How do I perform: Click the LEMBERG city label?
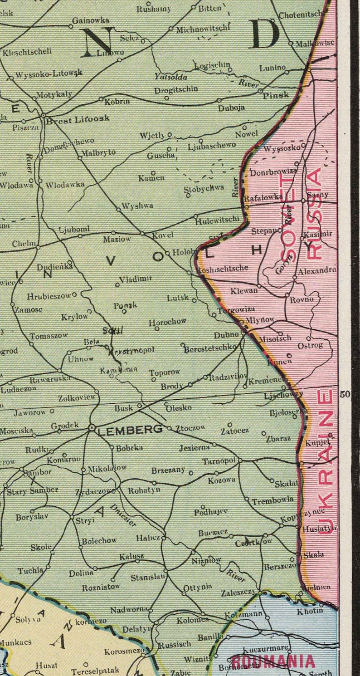click(130, 429)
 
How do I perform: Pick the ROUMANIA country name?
click(273, 661)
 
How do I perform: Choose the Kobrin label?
click(117, 102)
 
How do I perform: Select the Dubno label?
click(226, 334)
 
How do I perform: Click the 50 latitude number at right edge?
click(345, 394)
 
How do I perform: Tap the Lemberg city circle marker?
click(92, 427)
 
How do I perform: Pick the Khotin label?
click(310, 611)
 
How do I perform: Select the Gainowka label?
click(91, 20)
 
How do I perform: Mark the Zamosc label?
click(29, 310)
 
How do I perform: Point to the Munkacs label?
click(16, 642)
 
